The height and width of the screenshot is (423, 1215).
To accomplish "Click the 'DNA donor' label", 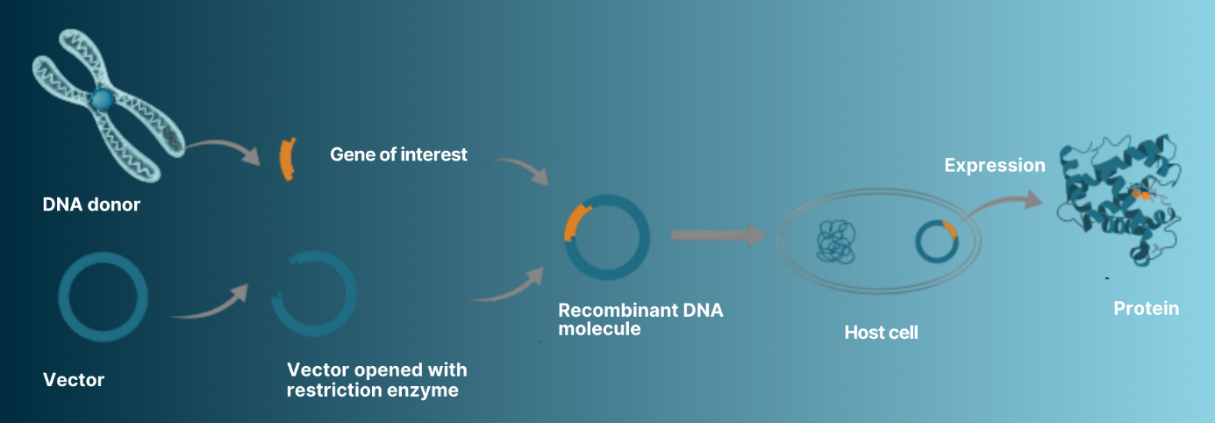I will [91, 206].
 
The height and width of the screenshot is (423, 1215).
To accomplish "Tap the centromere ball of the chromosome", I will [103, 100].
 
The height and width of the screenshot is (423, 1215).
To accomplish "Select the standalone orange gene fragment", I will [286, 159].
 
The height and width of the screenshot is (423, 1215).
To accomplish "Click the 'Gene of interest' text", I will [398, 154].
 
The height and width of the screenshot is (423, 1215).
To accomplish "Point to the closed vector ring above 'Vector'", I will [103, 297].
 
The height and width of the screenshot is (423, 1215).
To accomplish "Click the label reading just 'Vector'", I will [74, 380].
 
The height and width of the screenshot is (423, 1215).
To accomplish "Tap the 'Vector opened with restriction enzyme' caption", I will [376, 379].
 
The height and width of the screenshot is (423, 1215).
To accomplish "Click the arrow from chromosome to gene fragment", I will [223, 150].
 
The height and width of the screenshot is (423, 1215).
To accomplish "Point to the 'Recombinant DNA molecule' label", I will [640, 319].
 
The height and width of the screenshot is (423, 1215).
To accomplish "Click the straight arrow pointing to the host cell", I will [716, 235].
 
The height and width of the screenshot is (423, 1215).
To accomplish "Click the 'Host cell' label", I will [881, 333].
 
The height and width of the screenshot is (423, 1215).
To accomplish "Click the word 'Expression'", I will [995, 165].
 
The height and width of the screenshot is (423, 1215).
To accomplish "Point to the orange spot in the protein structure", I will [1140, 194].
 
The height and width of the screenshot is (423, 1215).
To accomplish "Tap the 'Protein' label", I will [1146, 308].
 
